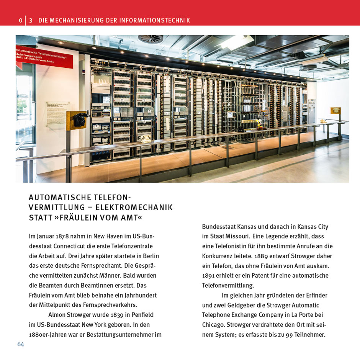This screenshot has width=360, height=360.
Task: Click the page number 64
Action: pos(21,344)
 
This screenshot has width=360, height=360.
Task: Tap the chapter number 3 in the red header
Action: pos(31,20)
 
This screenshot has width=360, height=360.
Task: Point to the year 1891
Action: pos(209,276)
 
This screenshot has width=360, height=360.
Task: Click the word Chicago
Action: pos(213,325)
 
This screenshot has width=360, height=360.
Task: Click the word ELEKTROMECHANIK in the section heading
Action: pos(134,208)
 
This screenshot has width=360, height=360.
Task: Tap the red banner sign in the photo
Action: pos(44,57)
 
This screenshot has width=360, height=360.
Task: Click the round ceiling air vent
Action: pos(150,39)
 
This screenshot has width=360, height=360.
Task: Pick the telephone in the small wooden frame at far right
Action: pos(336,111)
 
